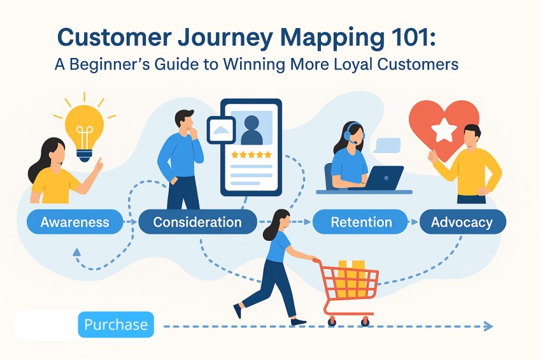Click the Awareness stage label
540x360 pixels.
pyautogui.click(x=75, y=222)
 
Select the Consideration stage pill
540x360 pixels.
pyautogui.click(x=197, y=222)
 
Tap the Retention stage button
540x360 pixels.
pyautogui.click(x=361, y=222)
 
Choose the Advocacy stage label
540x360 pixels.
pyautogui.click(x=462, y=222)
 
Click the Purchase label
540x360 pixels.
pyautogui.click(x=116, y=324)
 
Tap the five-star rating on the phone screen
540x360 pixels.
pyautogui.click(x=251, y=155)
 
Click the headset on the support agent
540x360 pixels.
pyautogui.click(x=348, y=134)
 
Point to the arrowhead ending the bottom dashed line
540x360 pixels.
pyautogui.click(x=488, y=326)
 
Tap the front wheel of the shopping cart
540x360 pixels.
pyautogui.click(x=332, y=320)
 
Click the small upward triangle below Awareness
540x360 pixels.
pyautogui.click(x=77, y=252)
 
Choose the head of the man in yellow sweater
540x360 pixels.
pyautogui.click(x=471, y=135)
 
